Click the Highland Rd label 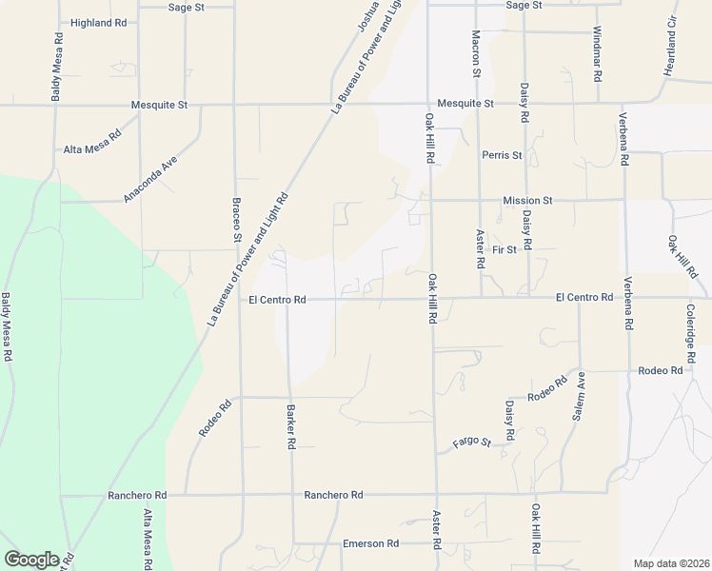tap(98, 22)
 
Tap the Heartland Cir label tap(671, 47)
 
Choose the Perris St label tap(502, 155)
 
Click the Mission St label tap(527, 201)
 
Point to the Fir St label tap(504, 250)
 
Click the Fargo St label tap(471, 443)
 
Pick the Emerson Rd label tap(370, 543)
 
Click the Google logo tap(31, 560)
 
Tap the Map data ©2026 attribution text tap(671, 563)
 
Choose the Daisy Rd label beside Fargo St tap(510, 420)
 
